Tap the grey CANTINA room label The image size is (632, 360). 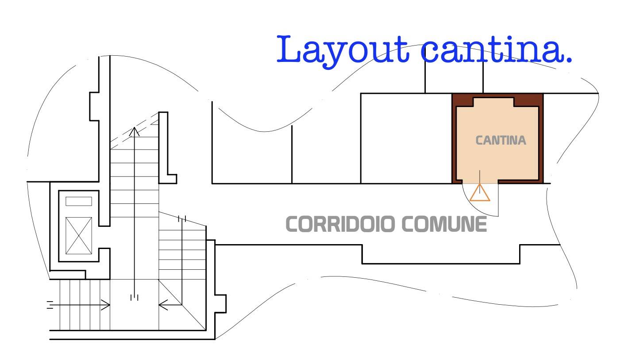point(501,140)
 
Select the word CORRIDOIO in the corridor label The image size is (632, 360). point(340,224)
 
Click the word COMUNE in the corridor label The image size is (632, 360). point(444,224)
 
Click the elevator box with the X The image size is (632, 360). point(79,236)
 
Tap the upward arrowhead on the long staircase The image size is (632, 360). point(134,131)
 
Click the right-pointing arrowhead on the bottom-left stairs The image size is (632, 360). point(105,305)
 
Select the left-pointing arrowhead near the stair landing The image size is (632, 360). point(163,305)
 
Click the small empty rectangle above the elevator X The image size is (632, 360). point(79,201)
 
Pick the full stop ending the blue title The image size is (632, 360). point(569,60)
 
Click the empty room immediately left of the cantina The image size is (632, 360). point(406,138)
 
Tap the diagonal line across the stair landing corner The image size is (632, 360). point(182,305)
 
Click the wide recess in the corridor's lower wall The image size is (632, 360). point(441,254)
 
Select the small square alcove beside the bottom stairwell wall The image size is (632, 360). point(220,304)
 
